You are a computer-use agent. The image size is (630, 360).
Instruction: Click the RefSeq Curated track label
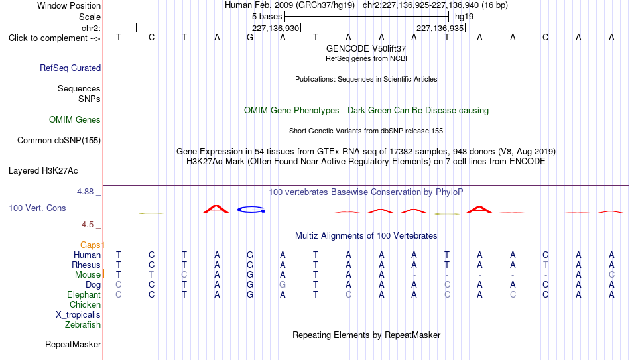click(70, 68)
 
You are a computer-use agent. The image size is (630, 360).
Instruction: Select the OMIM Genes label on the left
click(75, 120)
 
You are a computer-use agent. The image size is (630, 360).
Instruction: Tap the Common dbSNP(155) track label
click(59, 141)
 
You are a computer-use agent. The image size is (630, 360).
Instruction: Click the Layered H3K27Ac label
click(43, 171)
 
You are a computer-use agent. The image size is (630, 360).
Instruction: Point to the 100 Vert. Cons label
click(37, 208)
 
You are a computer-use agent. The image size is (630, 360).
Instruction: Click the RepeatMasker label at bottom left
click(73, 344)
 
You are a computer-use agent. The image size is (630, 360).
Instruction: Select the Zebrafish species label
click(83, 325)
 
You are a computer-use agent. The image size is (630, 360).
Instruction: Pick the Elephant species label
click(84, 295)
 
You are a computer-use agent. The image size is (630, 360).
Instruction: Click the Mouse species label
click(88, 275)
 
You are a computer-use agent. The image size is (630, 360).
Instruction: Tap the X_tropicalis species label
click(78, 315)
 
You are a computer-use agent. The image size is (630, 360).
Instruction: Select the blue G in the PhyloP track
click(251, 210)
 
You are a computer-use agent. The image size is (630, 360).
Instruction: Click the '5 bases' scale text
click(267, 17)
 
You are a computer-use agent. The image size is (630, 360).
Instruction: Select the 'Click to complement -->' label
click(54, 38)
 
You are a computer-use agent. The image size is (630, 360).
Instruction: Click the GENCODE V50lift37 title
click(366, 48)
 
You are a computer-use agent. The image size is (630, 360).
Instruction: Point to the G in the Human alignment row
click(250, 255)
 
